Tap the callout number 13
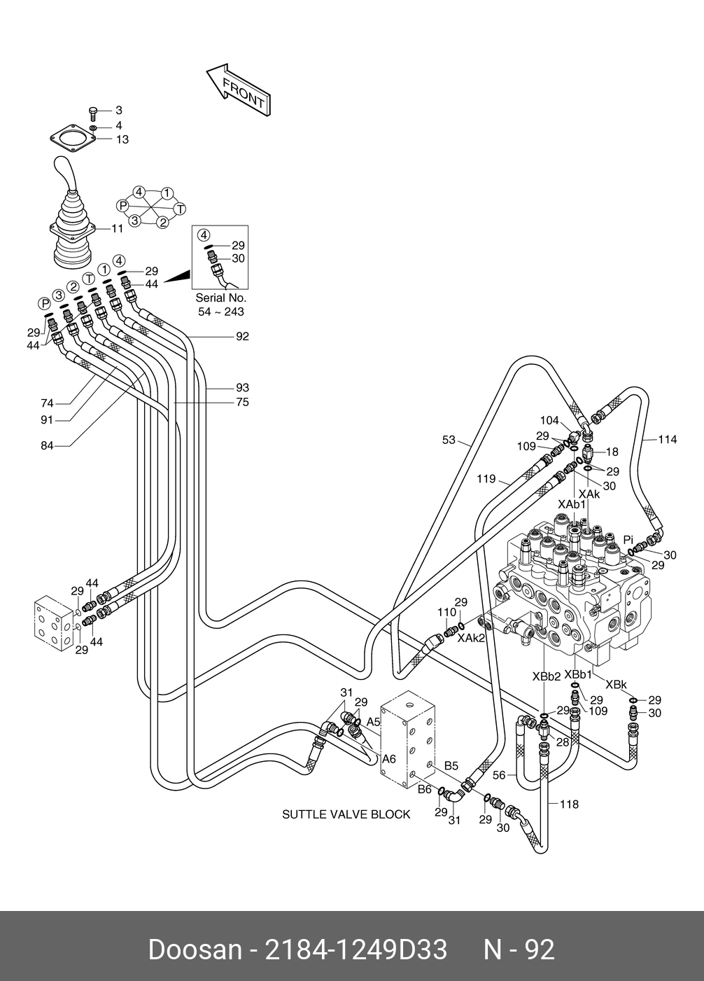point(122,139)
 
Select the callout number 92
point(242,336)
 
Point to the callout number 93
point(242,387)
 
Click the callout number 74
point(47,403)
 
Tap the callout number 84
point(47,445)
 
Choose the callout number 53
point(449,440)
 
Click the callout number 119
point(486,479)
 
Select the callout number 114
point(668,440)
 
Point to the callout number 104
point(549,421)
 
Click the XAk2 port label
point(471,638)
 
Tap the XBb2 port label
point(546,677)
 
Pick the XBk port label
point(616,685)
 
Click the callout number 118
point(569,805)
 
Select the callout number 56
point(499,775)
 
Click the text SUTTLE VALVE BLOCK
point(346,814)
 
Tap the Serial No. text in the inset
point(221,298)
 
